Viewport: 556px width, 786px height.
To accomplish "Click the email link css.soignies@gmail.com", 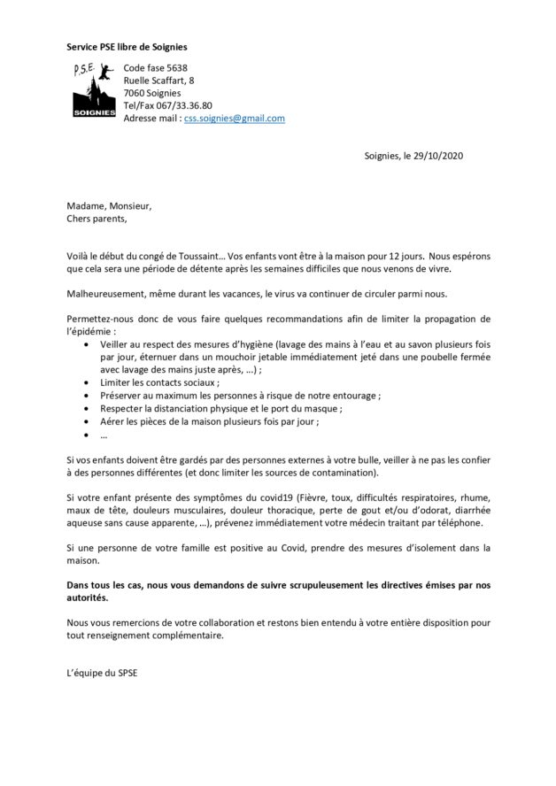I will (234, 119).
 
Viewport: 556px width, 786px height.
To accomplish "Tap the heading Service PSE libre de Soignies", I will (127, 46).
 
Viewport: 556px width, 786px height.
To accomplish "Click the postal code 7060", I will (135, 93).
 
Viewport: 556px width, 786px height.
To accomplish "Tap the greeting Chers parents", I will (97, 219).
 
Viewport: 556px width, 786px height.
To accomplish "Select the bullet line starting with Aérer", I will (208, 421).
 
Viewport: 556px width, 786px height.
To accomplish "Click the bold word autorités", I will (89, 597).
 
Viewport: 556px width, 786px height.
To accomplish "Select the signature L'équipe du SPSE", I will (102, 672).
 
